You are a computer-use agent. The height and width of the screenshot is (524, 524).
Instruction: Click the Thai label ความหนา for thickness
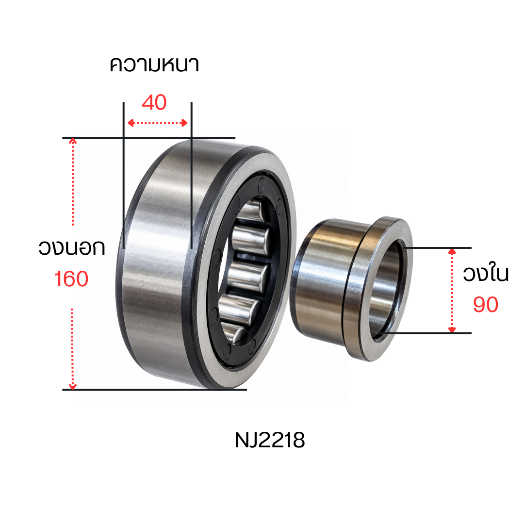(x=154, y=65)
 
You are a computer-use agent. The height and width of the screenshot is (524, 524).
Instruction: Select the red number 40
(x=154, y=102)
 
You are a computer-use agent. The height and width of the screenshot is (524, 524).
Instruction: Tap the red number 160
(x=71, y=279)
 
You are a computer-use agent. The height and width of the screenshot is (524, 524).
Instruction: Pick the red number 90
(x=486, y=305)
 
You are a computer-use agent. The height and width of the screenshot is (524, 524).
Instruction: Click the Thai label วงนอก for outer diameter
(x=71, y=247)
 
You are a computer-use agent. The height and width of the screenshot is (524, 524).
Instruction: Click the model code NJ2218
(x=270, y=440)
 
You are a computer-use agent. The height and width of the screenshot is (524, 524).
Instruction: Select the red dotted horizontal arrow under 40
(x=157, y=123)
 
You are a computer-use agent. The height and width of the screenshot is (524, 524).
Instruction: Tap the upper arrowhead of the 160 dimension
(x=72, y=141)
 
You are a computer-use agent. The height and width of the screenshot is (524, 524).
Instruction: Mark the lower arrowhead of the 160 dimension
(x=72, y=387)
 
